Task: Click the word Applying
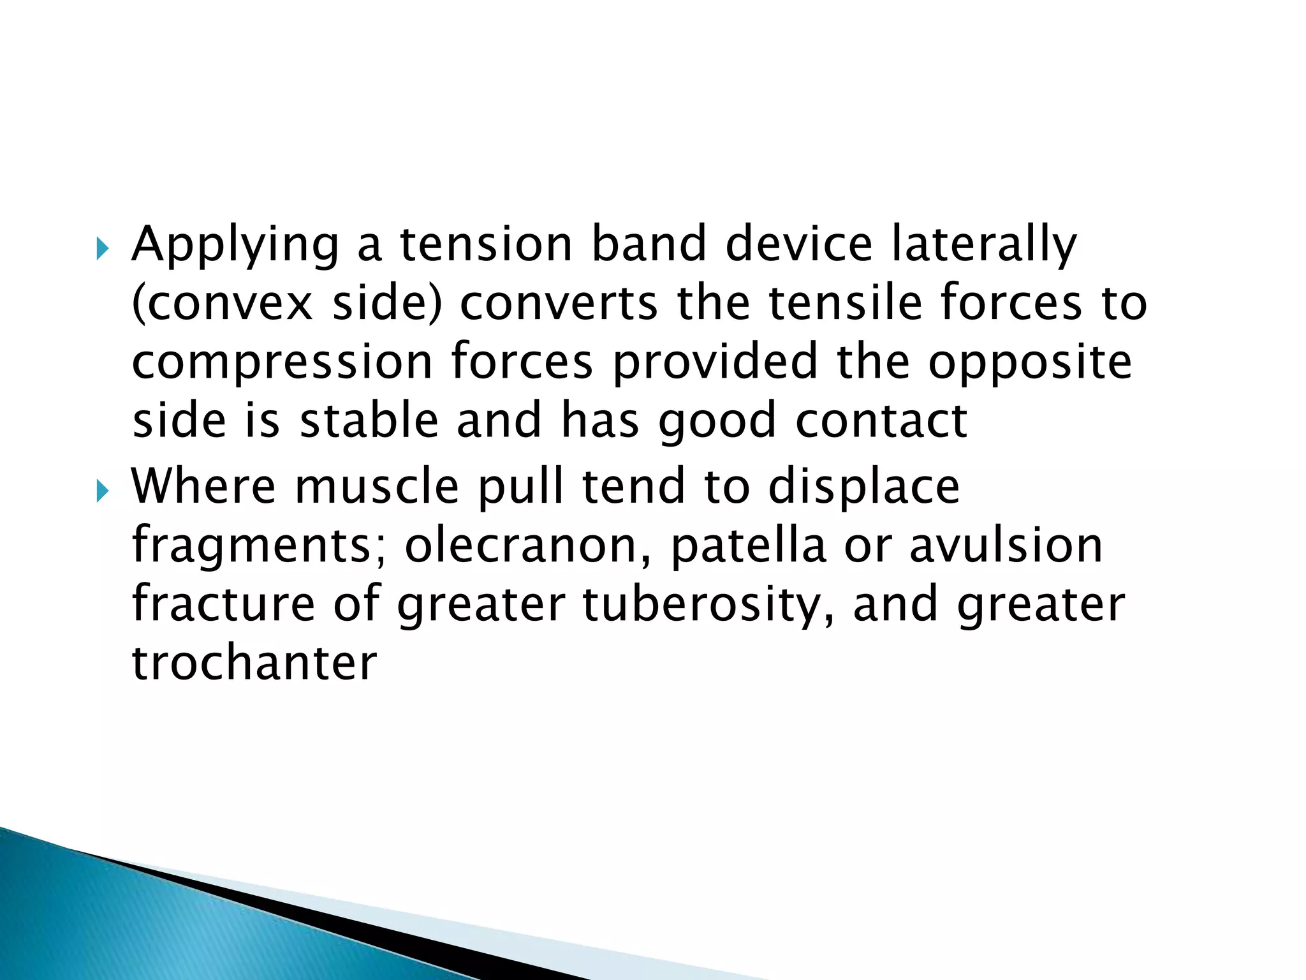pos(235,246)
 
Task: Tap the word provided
pos(715,361)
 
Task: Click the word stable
pos(369,420)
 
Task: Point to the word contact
pos(881,422)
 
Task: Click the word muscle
pos(376,487)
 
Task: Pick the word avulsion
pos(1006,546)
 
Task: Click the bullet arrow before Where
pos(102,491)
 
